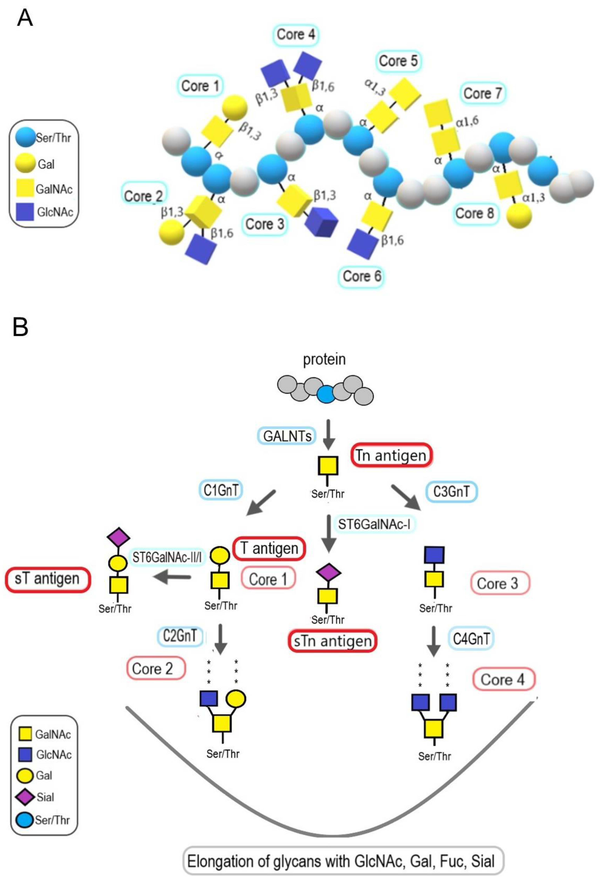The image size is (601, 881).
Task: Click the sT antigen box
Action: click(x=47, y=579)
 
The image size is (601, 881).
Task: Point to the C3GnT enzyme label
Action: click(x=451, y=492)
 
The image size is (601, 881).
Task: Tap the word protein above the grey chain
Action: click(x=324, y=359)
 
